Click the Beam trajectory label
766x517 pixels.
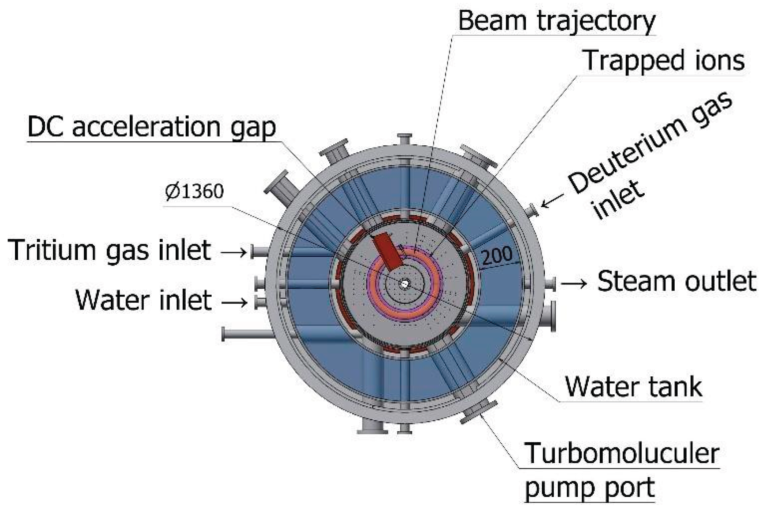pyautogui.click(x=557, y=21)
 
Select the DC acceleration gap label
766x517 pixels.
pyautogui.click(x=152, y=127)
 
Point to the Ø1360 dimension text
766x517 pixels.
pyautogui.click(x=194, y=192)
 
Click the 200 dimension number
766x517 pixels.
pyautogui.click(x=497, y=255)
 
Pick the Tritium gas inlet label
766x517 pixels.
pyautogui.click(x=109, y=250)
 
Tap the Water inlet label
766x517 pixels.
pyautogui.click(x=144, y=300)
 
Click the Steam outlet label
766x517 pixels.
pyautogui.click(x=676, y=282)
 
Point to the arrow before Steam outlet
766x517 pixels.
pyautogui.click(x=574, y=283)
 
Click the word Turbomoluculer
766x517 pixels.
pyautogui.click(x=622, y=453)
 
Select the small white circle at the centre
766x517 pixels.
pyautogui.click(x=404, y=283)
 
